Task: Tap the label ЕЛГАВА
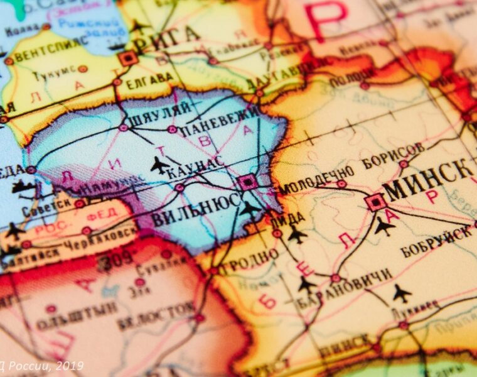149,79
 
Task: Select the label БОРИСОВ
393,155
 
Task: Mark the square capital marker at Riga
128,58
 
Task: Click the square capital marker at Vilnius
248,183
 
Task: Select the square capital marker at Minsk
375,202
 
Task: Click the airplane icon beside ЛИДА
297,235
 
